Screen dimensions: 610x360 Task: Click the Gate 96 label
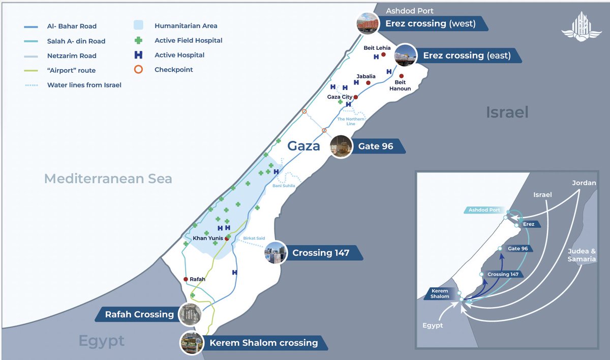tap(375, 146)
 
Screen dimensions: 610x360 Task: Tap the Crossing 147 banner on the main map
tap(320, 253)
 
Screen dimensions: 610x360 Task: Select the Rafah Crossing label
tap(139, 314)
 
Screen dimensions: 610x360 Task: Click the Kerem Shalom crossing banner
tap(263, 343)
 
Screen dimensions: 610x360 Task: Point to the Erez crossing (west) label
tap(430, 23)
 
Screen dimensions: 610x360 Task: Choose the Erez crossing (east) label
tap(467, 55)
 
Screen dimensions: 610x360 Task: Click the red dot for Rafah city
tap(186, 279)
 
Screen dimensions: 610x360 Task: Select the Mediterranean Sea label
tap(108, 178)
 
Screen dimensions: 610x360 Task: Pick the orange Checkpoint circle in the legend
tap(139, 70)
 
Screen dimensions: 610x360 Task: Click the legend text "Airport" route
tap(71, 70)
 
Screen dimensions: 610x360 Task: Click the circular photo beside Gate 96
tap(342, 146)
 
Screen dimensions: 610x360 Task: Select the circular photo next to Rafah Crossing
tap(190, 314)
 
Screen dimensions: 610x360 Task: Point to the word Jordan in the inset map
tap(584, 183)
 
